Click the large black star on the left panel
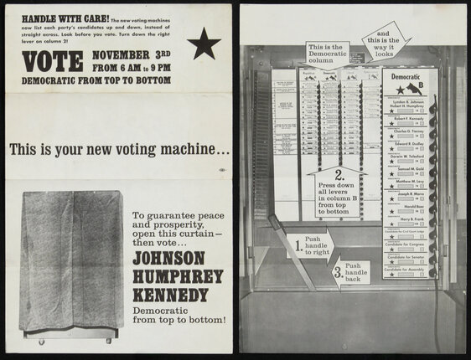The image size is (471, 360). coord(204,44)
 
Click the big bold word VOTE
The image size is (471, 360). coord(53,61)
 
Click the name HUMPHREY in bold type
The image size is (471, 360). coord(179,276)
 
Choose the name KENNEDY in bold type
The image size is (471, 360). coord(173,296)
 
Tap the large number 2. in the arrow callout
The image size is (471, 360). coord(339,176)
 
